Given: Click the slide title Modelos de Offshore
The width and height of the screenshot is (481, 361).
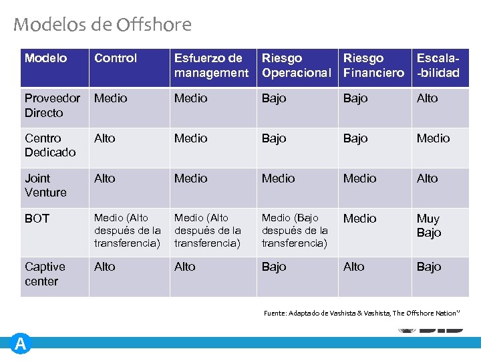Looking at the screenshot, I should pos(102,25).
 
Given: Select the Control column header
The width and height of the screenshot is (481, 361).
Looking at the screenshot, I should pos(116,59).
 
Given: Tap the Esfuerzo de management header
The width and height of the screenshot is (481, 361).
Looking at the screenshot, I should pos(211,66).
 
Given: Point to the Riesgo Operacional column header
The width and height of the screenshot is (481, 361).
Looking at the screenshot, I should pos(296,66).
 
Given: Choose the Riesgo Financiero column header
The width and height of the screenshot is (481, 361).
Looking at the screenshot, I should pos(373,66).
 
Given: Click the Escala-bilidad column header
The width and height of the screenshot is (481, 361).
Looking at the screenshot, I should pos(438,66).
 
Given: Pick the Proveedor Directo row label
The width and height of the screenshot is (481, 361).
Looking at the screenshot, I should pos(52,106).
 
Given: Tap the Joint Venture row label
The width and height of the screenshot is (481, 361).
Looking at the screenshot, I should pos(45,185).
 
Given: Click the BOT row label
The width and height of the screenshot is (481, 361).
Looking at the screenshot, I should pos(37,219).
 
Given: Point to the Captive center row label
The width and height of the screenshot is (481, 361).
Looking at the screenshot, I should pos(45,274).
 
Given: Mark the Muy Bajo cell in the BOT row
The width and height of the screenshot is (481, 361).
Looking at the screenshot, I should pos(429,226).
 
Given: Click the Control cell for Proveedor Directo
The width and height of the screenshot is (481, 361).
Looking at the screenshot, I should pos(110,98).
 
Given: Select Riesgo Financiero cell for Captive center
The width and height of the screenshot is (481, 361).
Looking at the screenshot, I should pos(354,267).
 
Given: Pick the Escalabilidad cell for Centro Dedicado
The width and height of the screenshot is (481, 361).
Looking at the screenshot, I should pos(433,138).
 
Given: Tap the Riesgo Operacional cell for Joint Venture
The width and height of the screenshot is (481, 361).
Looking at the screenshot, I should pos(278,178).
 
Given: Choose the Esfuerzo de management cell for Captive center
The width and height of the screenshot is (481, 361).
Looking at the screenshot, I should pos(185,267).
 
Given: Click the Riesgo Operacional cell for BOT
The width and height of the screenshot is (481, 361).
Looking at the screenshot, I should pos(295,231).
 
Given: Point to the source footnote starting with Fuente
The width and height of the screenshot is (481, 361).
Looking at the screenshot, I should pos(361,313).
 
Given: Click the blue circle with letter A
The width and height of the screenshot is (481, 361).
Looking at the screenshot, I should pos(21,344).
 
